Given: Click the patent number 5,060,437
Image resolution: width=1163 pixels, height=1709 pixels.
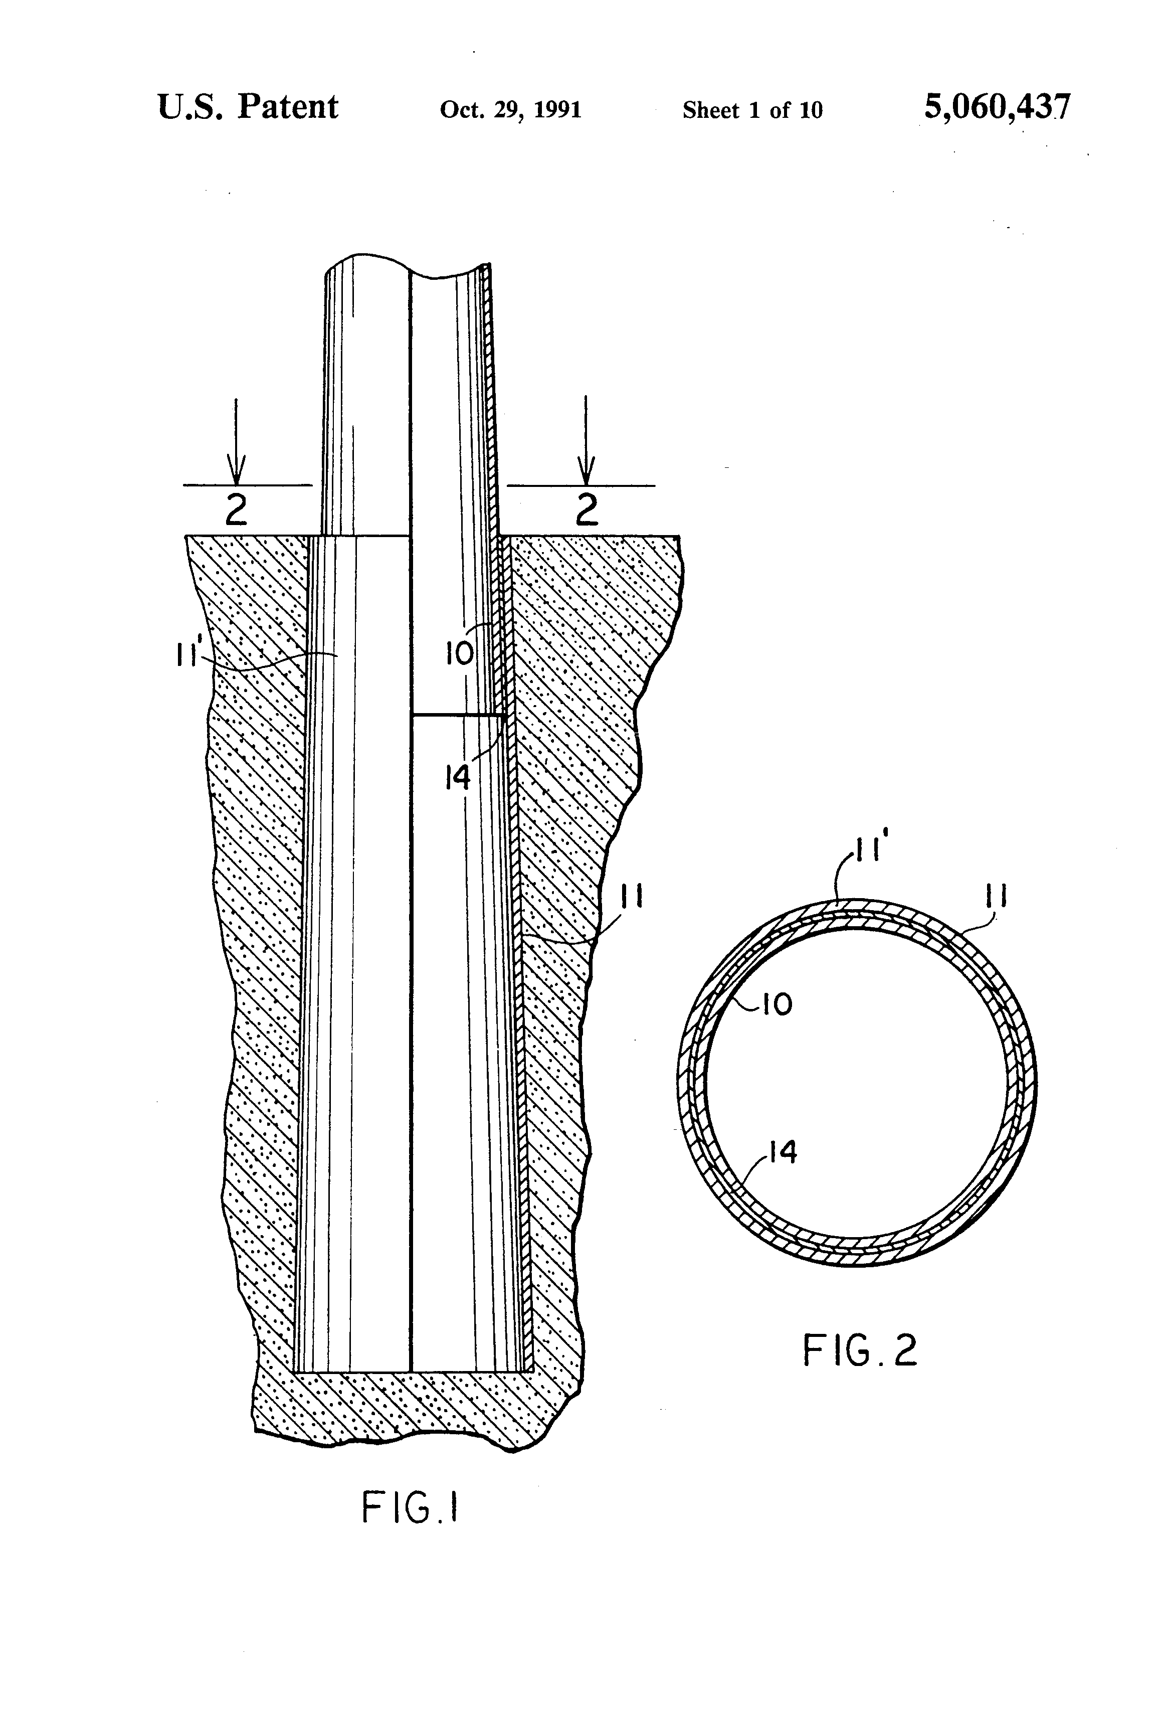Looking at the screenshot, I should tap(997, 108).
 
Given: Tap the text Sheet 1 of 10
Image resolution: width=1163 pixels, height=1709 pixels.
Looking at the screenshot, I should tap(752, 110).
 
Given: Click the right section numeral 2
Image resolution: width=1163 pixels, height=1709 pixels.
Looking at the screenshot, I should tap(586, 509).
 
